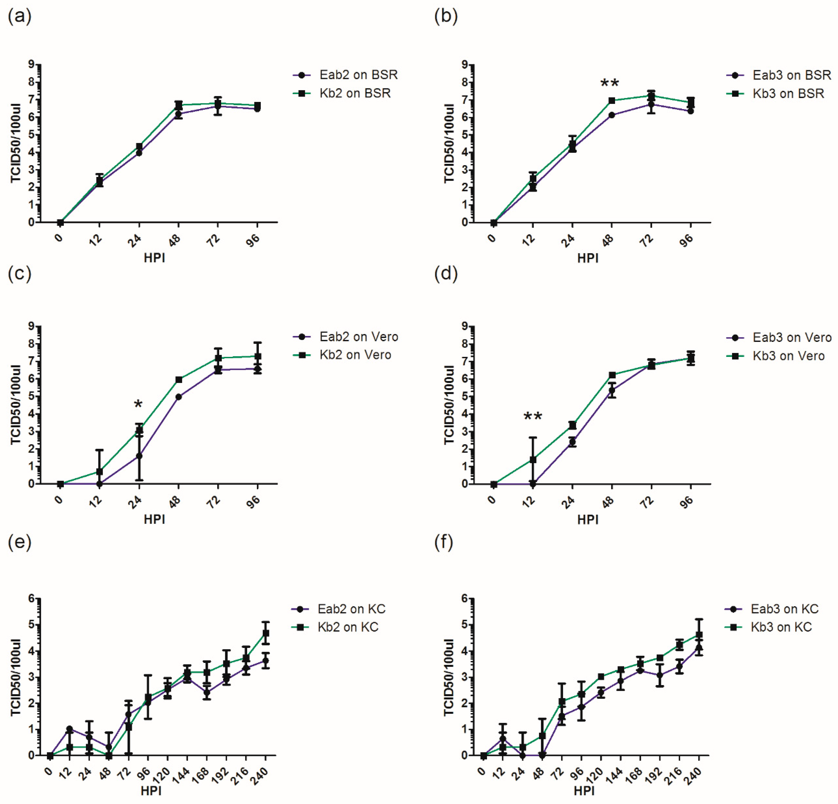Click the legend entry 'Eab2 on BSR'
click(x=346, y=75)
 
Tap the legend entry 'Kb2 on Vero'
click(x=342, y=355)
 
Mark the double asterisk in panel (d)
click(x=533, y=417)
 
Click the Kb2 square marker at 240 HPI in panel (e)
click(x=266, y=633)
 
